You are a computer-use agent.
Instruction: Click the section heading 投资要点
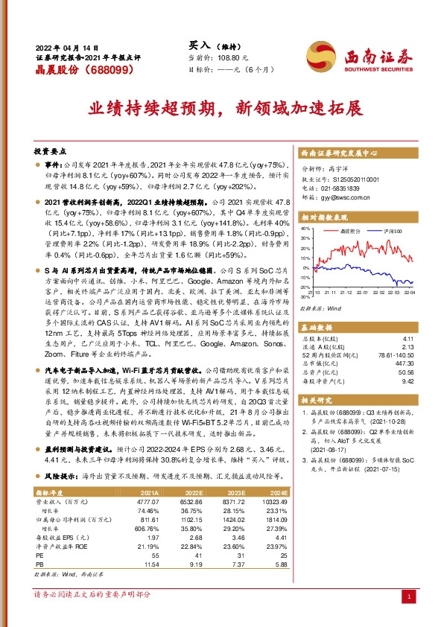(x=51, y=150)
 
